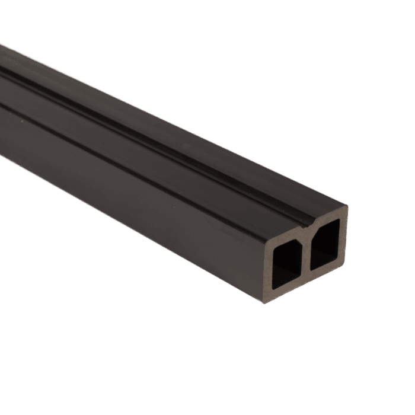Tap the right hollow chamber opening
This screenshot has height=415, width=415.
tap(325, 244)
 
